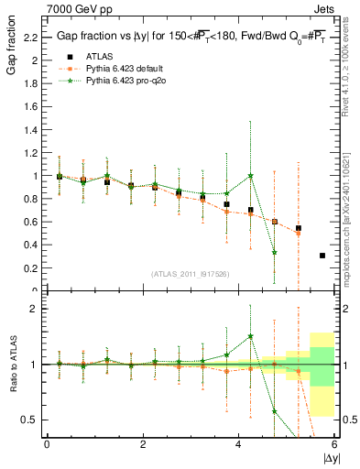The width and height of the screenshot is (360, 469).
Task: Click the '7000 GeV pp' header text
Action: (x=53, y=8)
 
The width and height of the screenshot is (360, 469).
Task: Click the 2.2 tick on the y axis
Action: (x=30, y=38)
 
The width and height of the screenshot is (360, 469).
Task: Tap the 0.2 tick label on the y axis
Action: (x=30, y=268)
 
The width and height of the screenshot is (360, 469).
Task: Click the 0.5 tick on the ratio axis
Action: (x=30, y=420)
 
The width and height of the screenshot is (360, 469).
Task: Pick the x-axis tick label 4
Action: (x=239, y=444)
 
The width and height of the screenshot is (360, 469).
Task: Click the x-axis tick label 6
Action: (x=335, y=444)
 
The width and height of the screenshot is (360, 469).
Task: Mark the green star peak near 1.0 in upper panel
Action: (x=251, y=175)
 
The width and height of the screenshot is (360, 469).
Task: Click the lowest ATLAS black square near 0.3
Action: (x=322, y=256)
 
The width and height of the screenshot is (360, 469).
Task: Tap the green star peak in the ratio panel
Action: (x=251, y=336)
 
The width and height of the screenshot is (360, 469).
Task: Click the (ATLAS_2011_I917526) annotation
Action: (x=189, y=274)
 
